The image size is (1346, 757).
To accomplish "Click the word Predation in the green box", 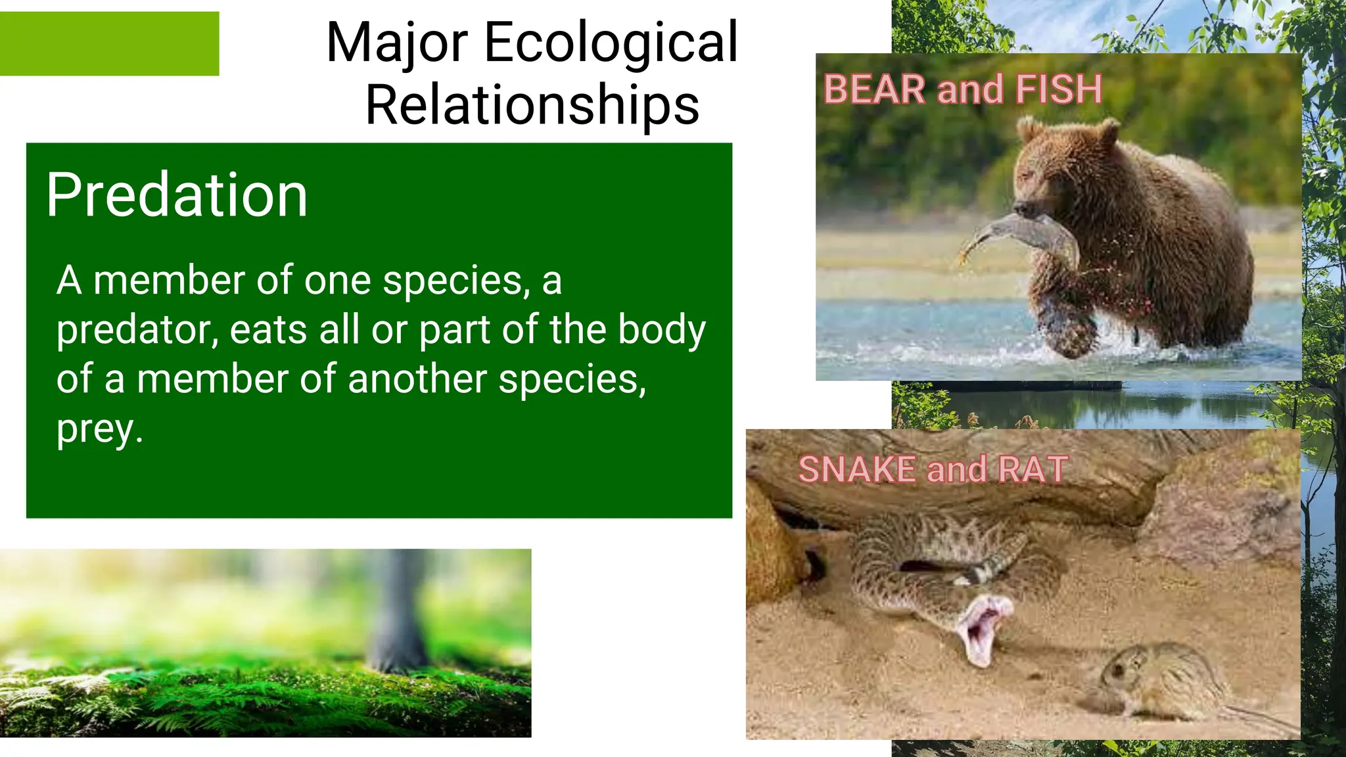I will point(176,195).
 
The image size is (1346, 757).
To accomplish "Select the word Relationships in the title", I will point(532,105).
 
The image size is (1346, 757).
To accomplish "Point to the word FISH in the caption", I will point(1058,89).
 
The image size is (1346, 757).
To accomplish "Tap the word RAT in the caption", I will point(1033,470).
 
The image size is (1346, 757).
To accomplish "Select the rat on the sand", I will point(1157,680).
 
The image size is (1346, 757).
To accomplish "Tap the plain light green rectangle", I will point(109,43).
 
